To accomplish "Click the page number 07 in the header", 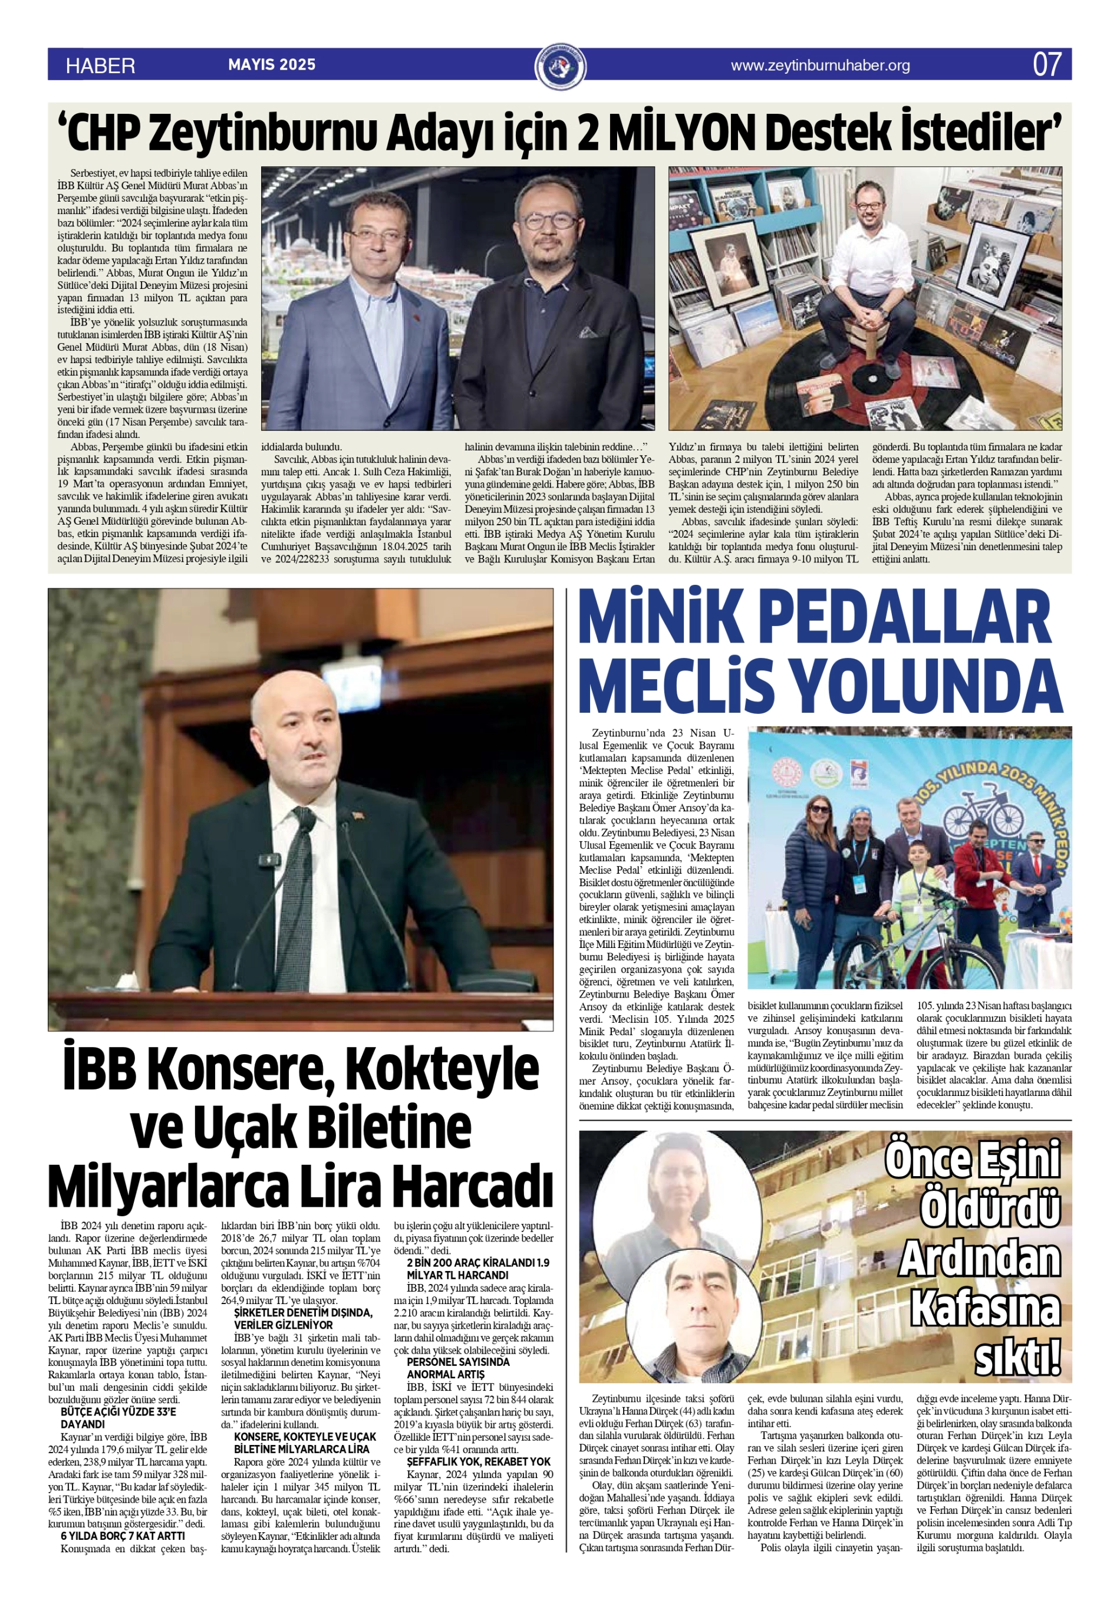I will pyautogui.click(x=1047, y=65).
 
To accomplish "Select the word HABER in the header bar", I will pyautogui.click(x=100, y=65).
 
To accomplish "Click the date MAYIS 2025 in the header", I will pyautogui.click(x=272, y=65).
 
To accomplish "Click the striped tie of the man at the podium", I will pyautogui.click(x=295, y=899).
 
